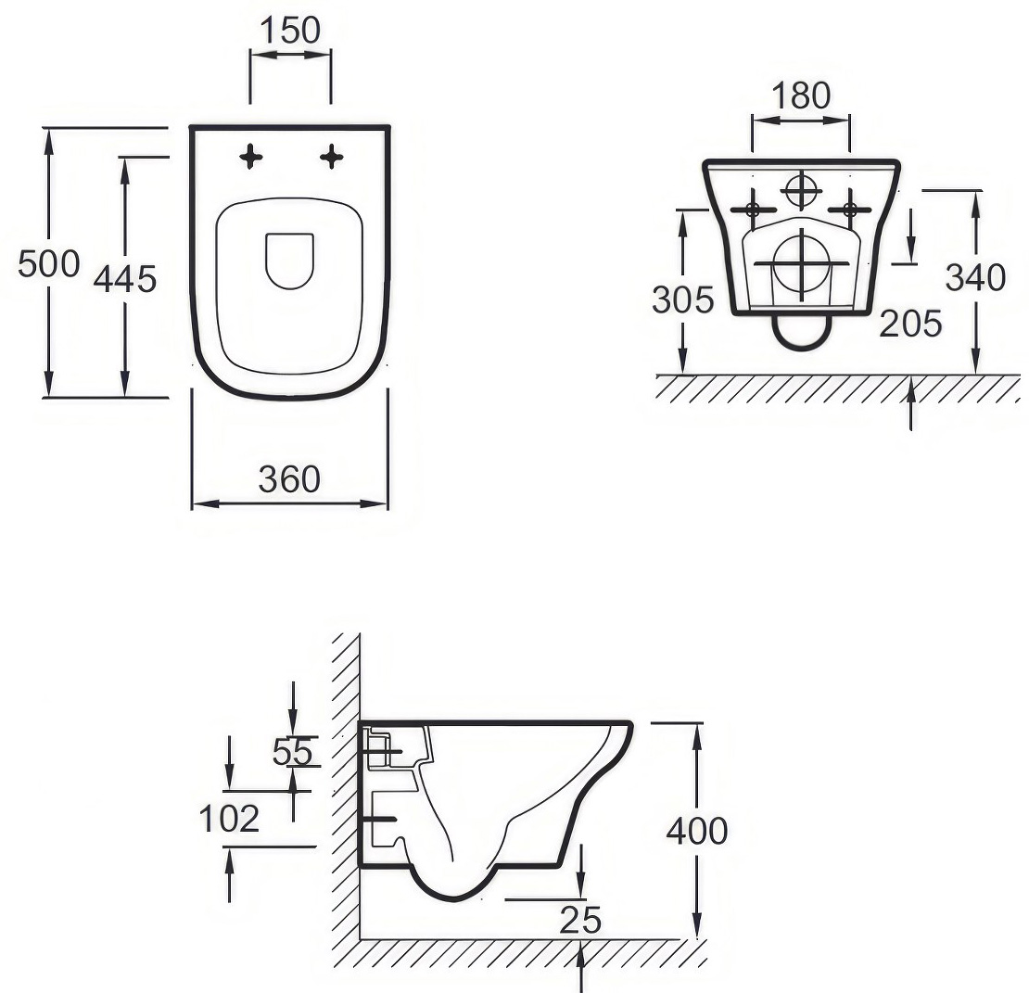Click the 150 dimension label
(x=290, y=31)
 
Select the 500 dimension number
(x=48, y=264)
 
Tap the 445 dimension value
(x=125, y=279)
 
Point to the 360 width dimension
(x=289, y=479)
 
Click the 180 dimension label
(x=801, y=95)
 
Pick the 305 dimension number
(x=682, y=299)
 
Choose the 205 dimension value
(x=910, y=324)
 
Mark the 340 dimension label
(x=975, y=277)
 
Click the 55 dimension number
(x=293, y=752)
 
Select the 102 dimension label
(x=229, y=819)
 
